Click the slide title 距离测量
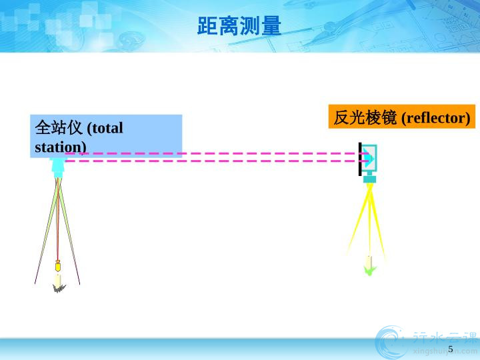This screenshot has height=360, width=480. click(x=239, y=26)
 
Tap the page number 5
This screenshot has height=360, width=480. click(x=450, y=349)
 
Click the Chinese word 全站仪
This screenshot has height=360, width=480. click(x=59, y=127)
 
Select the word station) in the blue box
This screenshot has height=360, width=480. click(x=61, y=147)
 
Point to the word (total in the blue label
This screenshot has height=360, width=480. click(x=105, y=128)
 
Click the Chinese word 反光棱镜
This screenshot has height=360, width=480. click(x=365, y=117)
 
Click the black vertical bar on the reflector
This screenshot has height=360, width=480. click(x=360, y=159)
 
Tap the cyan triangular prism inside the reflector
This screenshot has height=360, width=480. click(x=369, y=158)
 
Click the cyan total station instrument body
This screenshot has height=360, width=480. click(x=57, y=167)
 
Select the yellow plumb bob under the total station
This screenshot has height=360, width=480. click(x=58, y=266)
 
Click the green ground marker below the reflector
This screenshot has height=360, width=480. click(x=369, y=270)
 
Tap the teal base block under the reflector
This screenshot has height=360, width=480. click(x=369, y=179)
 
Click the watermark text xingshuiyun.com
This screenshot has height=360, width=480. click(x=445, y=351)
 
